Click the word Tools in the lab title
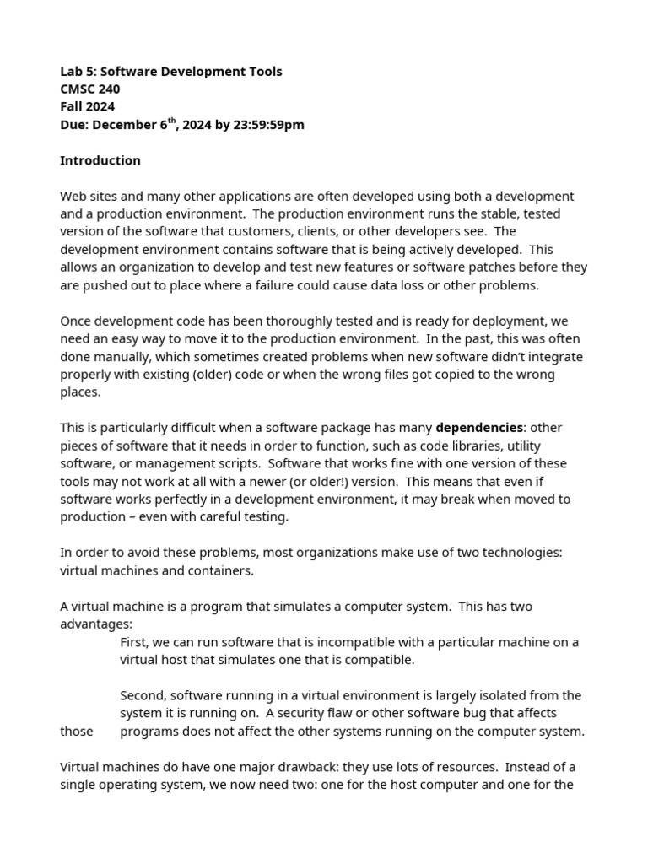264,72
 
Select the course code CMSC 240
89,89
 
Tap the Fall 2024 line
87,107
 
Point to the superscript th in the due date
172,121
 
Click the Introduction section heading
100,160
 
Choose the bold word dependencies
479,428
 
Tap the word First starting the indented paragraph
134,642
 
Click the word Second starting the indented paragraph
142,695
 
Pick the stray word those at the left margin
77,732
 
